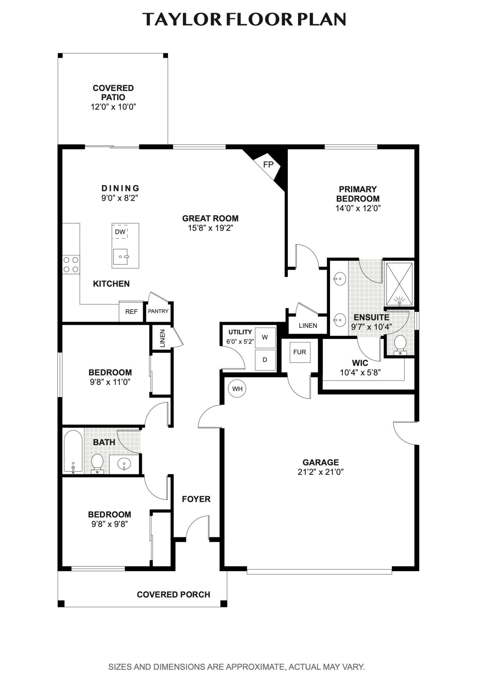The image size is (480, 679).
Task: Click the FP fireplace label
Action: (x=268, y=165)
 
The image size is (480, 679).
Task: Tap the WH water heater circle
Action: (x=237, y=389)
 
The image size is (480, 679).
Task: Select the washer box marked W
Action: (x=265, y=337)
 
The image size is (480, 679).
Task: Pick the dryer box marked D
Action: (x=265, y=360)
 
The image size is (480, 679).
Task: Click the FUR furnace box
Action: (x=300, y=352)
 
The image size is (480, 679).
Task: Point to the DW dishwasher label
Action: (x=120, y=232)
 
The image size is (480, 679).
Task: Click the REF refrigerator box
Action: (x=131, y=311)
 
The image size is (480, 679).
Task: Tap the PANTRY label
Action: (x=158, y=311)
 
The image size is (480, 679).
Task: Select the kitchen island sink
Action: (x=121, y=257)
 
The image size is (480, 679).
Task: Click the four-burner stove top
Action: (x=71, y=265)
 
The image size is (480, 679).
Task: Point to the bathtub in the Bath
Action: (x=73, y=451)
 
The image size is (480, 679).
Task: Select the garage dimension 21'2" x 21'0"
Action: (x=321, y=472)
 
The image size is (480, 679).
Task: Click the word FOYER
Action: (x=196, y=499)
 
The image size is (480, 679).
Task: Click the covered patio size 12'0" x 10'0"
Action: (x=113, y=107)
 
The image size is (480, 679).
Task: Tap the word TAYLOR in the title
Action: (x=182, y=19)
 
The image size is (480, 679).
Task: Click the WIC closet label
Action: (x=360, y=363)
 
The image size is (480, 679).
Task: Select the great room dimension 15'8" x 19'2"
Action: (x=210, y=228)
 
